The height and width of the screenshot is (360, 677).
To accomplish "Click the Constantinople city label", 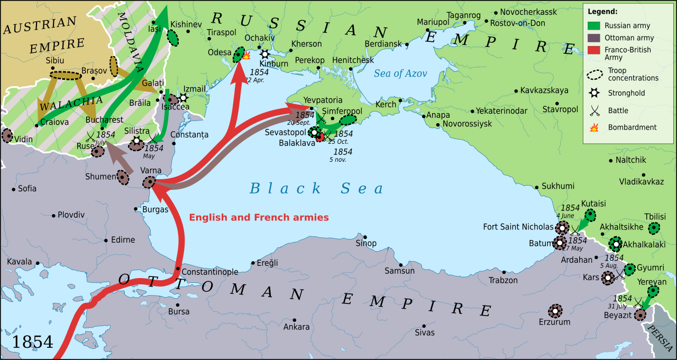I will tap(210, 272).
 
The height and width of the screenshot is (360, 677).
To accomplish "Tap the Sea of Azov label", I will tap(400, 73).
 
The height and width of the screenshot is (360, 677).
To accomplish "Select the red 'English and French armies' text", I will tap(259, 217).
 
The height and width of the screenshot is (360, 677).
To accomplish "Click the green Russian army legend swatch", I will tap(595, 25).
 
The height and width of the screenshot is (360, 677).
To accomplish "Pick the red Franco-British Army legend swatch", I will tap(595, 50).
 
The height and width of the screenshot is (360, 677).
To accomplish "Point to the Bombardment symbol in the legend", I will tap(594, 127).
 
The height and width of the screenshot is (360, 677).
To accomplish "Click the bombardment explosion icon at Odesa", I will tap(246, 55).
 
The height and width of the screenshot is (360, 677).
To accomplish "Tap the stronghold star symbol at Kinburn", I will tap(264, 54).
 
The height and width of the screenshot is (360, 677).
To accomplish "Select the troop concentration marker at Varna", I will tap(149, 182).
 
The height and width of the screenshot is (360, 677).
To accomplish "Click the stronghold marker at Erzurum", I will tap(555, 311).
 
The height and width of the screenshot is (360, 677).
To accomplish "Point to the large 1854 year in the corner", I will tap(32, 341).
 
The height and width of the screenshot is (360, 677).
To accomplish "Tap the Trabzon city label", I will tap(503, 280).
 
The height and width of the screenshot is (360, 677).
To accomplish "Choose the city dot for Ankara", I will tap(294, 319).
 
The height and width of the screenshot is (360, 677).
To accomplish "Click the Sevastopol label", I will tap(286, 132).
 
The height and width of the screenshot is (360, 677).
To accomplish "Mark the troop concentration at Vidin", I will tap(7, 135).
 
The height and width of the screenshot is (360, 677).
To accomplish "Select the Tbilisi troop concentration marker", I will tap(654, 228).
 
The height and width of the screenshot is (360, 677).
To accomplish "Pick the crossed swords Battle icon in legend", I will tap(595, 110).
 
